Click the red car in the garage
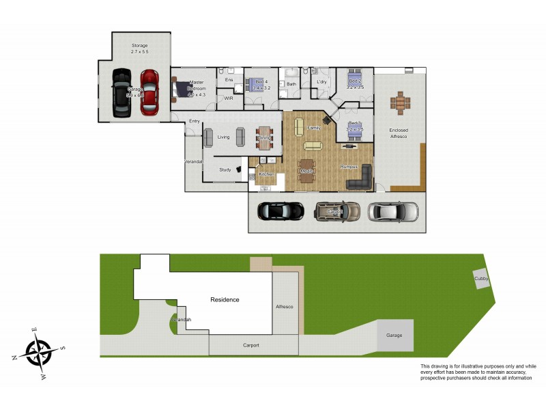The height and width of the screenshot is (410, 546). [x=149, y=92]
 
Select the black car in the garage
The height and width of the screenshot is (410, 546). [x=123, y=93]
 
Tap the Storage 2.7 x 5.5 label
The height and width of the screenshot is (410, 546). [x=139, y=49]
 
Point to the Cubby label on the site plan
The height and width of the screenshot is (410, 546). [x=482, y=279]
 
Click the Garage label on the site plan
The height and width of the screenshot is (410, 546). [x=394, y=336]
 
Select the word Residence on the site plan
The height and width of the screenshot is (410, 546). [x=225, y=300]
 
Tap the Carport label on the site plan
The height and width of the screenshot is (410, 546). [x=251, y=345]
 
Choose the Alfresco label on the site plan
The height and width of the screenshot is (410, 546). [x=284, y=307]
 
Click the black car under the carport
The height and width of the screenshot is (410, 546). [x=280, y=212]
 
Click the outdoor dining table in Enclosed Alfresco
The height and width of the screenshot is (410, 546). [x=401, y=103]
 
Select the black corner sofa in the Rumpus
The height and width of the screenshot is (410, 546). [x=360, y=179]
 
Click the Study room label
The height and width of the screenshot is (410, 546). [x=225, y=169]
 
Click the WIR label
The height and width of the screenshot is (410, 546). [x=229, y=98]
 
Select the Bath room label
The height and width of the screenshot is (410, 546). [x=291, y=84]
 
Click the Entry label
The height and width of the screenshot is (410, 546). [x=195, y=122]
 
